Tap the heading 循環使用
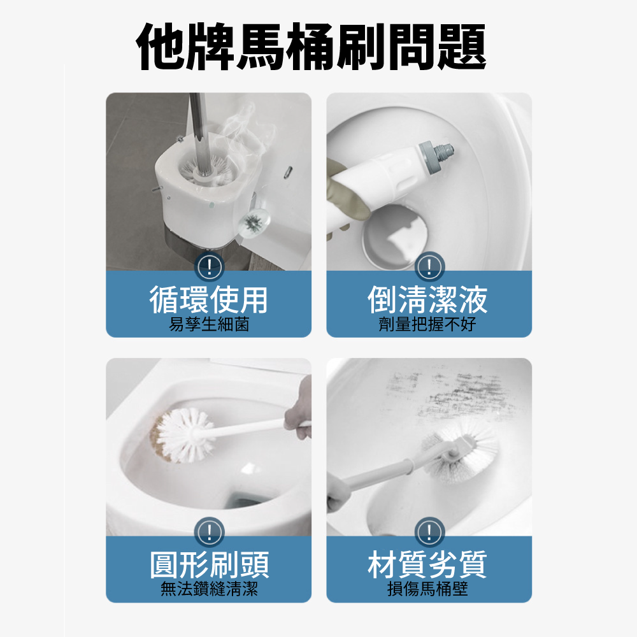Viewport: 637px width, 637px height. pos(208,299)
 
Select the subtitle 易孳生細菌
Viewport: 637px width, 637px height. pos(208,325)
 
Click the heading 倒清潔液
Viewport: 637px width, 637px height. pos(429,299)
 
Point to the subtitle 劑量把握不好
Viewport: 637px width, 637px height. pos(429,325)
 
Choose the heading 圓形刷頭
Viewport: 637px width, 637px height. pos(208,564)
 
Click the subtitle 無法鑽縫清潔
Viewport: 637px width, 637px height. pos(208,590)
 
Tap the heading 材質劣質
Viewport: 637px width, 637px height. pos(429,564)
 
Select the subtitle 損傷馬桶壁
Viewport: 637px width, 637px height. pos(429,590)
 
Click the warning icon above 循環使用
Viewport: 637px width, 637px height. pos(209,266)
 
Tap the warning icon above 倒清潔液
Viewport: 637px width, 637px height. pos(429,266)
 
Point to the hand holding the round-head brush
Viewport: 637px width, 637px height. pos(298,414)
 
